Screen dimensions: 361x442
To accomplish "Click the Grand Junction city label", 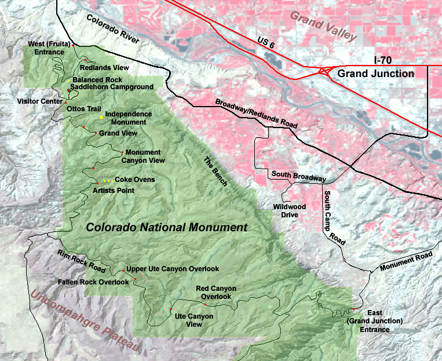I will coord(375,74).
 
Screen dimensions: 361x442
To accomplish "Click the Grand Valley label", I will coord(323,26).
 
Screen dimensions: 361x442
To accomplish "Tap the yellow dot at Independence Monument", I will coord(101,117).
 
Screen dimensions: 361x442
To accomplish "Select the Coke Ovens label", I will coord(134,180).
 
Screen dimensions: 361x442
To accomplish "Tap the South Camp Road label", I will coord(334,217).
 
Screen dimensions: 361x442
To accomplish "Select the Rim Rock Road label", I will coord(81,262).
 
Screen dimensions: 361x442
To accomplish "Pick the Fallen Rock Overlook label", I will coord(93,282).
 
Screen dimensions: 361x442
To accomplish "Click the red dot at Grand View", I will coord(96,133).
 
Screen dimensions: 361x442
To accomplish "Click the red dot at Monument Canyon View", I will coord(122,152).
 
